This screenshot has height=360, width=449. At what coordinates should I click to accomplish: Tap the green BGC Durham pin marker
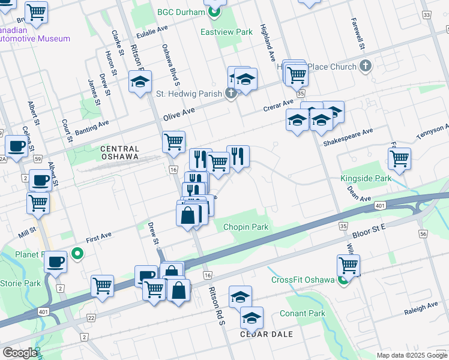coord(214,12)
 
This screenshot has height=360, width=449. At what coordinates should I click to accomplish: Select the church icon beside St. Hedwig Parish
coord(230,93)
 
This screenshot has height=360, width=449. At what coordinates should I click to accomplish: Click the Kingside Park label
coord(366,178)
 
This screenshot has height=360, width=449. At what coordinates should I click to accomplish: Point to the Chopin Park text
coord(246,227)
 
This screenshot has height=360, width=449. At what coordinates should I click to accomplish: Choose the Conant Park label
coord(302,313)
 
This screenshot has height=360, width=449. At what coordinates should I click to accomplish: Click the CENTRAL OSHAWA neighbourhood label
coord(119,152)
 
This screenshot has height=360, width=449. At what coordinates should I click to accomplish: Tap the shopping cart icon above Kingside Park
coord(399,159)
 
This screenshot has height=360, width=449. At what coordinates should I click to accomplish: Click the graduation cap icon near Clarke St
coord(140,82)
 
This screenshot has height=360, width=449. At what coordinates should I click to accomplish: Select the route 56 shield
coord(424,234)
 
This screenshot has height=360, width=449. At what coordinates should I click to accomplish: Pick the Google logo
coord(20,352)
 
